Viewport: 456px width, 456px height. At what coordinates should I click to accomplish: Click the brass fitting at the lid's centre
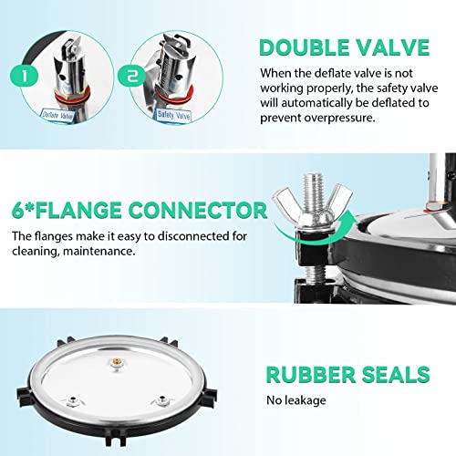point(117,364)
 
